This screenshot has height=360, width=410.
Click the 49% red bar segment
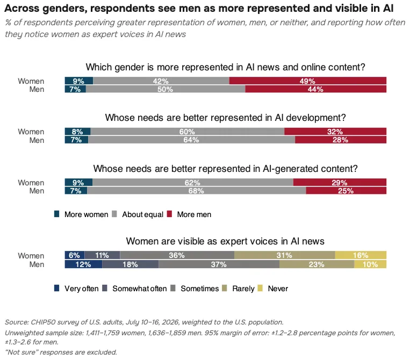[x=308, y=81]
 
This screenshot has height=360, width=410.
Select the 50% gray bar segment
[x=166, y=89]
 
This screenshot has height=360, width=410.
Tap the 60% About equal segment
[x=188, y=132]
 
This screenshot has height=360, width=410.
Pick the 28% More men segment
[x=341, y=140]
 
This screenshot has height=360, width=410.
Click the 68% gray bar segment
[x=197, y=191]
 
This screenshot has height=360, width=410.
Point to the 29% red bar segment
[x=340, y=182]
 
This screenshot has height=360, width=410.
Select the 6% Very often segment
[x=75, y=255]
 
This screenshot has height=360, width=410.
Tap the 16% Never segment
[x=361, y=255]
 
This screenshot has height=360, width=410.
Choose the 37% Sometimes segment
[x=219, y=264]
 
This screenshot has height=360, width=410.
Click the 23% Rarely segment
[x=317, y=264]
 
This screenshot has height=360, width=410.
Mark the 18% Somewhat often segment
[x=131, y=264]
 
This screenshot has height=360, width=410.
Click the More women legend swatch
[x=56, y=214]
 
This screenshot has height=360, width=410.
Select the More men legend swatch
[x=169, y=214]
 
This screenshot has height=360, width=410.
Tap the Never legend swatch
[x=260, y=288]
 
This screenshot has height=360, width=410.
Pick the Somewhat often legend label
[x=140, y=289]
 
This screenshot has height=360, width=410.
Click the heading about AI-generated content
[x=225, y=169]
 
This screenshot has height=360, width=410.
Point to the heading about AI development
[x=225, y=118]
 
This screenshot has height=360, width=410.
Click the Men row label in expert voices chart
[x=37, y=264]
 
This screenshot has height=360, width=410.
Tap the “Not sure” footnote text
[x=61, y=352]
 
